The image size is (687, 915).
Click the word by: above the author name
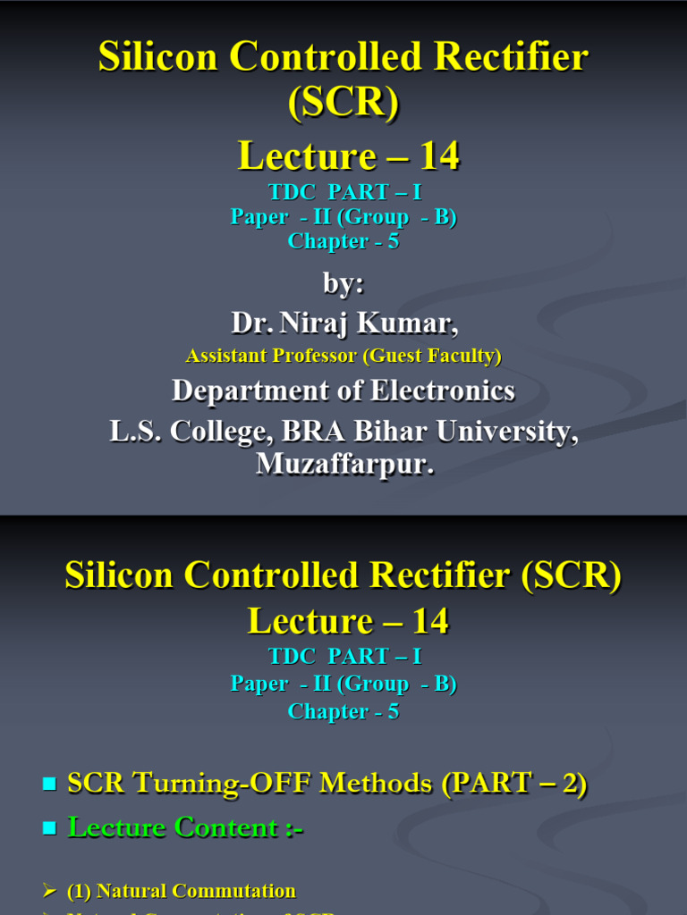tap(343, 283)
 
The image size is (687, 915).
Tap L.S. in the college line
tap(134, 432)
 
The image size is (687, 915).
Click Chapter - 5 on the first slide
tap(343, 241)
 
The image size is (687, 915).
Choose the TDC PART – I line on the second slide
tap(343, 657)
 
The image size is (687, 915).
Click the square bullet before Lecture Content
tap(49, 829)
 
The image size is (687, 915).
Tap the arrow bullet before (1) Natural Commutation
tap(49, 891)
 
